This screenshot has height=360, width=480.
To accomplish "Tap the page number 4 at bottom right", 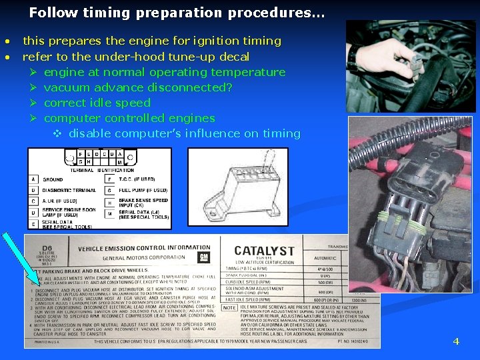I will click(x=456, y=341).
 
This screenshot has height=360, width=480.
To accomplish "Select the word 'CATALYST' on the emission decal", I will click(x=264, y=251).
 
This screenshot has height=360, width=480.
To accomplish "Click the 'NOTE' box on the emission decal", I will click(x=229, y=307).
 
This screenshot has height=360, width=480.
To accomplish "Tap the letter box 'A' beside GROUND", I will click(x=33, y=179).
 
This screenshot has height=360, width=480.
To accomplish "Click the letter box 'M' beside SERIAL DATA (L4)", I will click(x=109, y=213).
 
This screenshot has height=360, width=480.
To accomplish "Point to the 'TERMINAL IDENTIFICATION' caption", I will click(x=102, y=170).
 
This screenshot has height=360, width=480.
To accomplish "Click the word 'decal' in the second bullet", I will click(x=233, y=57).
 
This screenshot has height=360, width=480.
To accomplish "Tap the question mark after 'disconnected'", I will click(x=229, y=87).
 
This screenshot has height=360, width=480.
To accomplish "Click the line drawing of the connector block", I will click(x=237, y=186).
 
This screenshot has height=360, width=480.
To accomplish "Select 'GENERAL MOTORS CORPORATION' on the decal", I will click(x=143, y=257).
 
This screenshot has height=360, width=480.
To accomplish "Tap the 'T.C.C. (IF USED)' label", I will click(x=138, y=179).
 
